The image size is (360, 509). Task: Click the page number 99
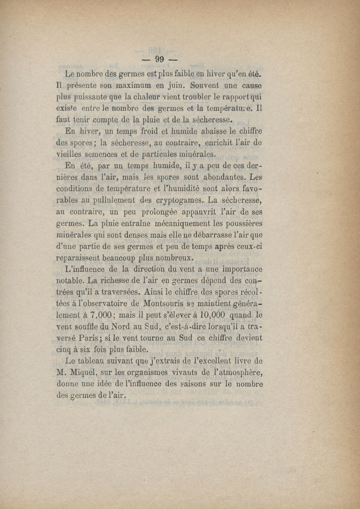tap(160, 59)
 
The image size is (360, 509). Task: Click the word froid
tap(146, 131)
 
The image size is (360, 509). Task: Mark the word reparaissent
tap(84, 258)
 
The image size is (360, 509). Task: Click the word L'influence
tap(85, 270)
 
